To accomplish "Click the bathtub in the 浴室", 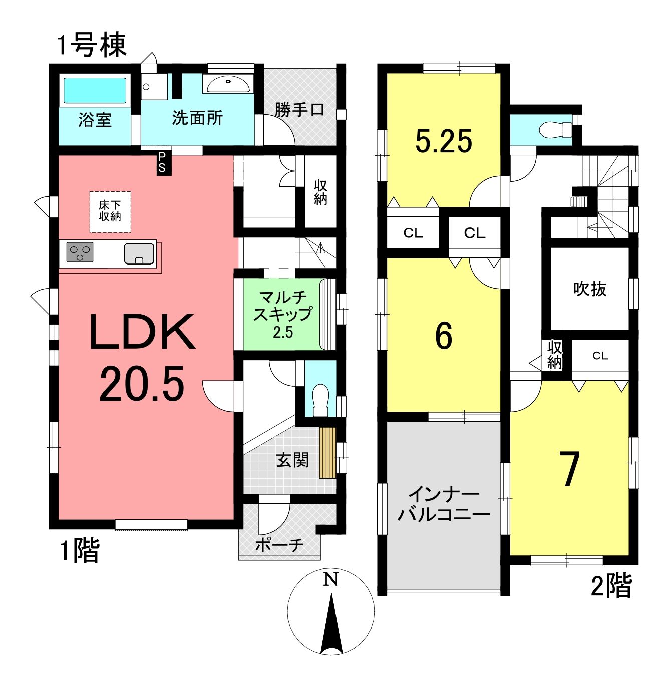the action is point(95,91).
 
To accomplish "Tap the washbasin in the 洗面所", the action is point(228,85).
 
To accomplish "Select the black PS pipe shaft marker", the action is point(164,163).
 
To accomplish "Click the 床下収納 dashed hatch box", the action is point(110,212).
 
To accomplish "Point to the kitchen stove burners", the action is point(80,252).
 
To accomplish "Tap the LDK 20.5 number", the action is point(142,384).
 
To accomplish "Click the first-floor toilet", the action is point(321,400).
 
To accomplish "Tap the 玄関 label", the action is point(292,460).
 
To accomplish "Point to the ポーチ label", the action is point(279,545).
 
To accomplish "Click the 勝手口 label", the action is point(299,110).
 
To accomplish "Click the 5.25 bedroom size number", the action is point(444,141).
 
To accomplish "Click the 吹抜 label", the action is point(590,289).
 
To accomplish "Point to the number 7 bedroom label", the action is point(569,469).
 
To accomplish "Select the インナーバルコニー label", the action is point(444,505).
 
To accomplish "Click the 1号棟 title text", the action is point(92,45).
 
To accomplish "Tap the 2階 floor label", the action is point(611,585).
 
